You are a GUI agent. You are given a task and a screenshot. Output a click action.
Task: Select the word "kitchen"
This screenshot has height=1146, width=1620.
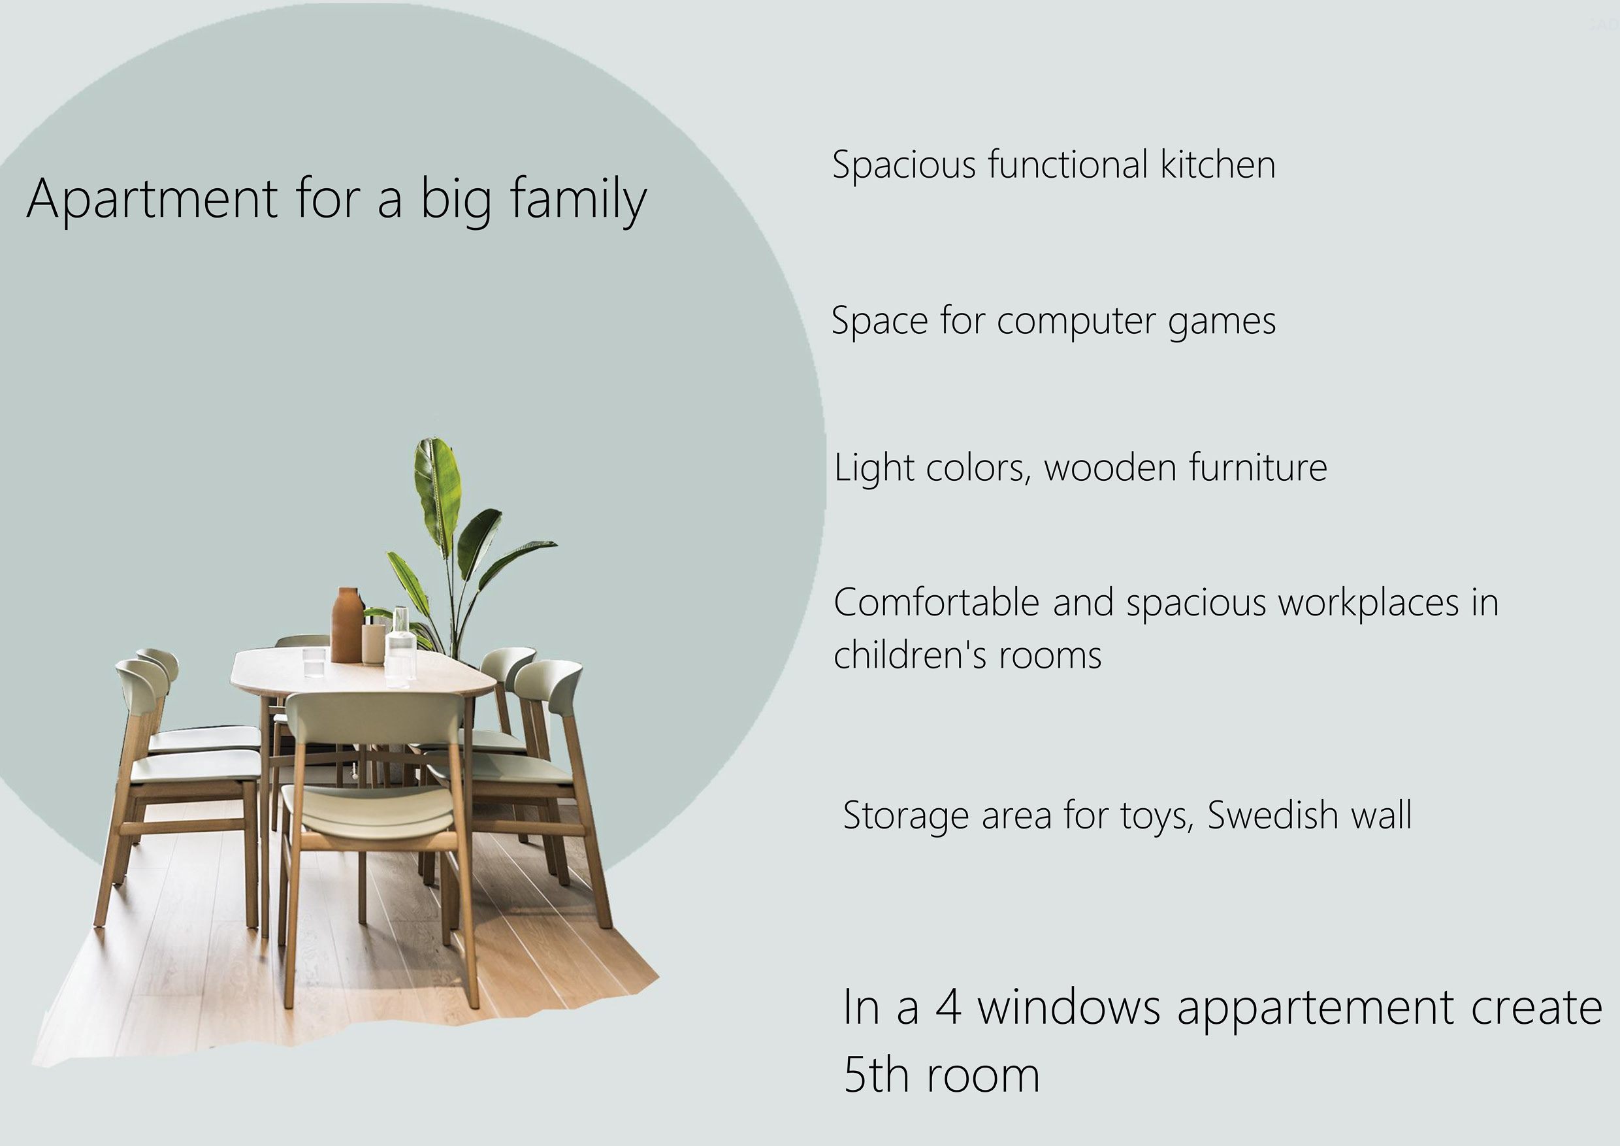(x=1218, y=165)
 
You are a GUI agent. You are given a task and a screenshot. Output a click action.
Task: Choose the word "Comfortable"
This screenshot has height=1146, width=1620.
(x=936, y=602)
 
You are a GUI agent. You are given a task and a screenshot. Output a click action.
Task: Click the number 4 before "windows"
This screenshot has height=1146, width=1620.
(x=948, y=1007)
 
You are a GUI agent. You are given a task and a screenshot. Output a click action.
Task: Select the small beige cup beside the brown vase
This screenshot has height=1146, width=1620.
(x=373, y=644)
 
